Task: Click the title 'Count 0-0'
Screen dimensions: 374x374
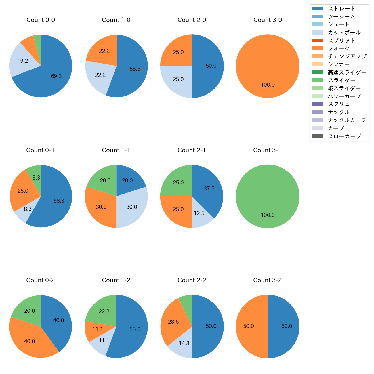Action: click(41, 20)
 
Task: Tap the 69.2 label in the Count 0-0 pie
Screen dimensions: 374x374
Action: click(56, 76)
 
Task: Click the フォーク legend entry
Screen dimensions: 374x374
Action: click(339, 48)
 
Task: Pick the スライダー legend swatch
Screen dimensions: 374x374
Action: click(318, 80)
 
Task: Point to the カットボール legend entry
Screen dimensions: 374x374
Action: click(344, 33)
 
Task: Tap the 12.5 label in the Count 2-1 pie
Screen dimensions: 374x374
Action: click(199, 213)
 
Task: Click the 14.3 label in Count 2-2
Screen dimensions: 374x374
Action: click(184, 343)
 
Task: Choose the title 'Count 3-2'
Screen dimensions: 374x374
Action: click(268, 280)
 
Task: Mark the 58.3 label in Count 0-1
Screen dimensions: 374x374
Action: click(59, 201)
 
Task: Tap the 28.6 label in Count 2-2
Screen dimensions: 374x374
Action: click(173, 322)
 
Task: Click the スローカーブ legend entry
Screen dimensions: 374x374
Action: click(344, 136)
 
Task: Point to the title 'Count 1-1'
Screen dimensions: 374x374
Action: click(116, 150)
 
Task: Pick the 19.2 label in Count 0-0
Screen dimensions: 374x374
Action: click(23, 61)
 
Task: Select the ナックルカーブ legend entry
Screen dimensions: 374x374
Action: click(347, 120)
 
